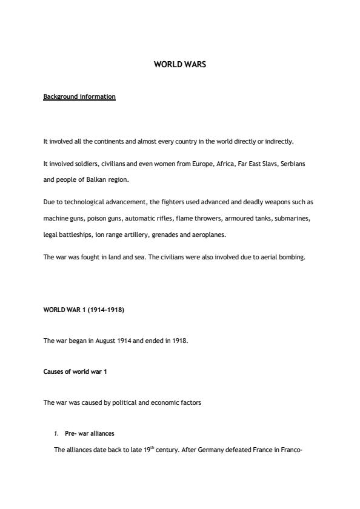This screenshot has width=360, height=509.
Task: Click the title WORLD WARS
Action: pos(180,63)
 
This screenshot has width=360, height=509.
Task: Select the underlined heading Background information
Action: pos(79,96)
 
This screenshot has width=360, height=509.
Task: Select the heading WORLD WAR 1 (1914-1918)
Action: pos(84,310)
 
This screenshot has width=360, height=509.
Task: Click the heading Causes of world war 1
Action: pos(75,371)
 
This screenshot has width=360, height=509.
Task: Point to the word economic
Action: pos(160,402)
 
